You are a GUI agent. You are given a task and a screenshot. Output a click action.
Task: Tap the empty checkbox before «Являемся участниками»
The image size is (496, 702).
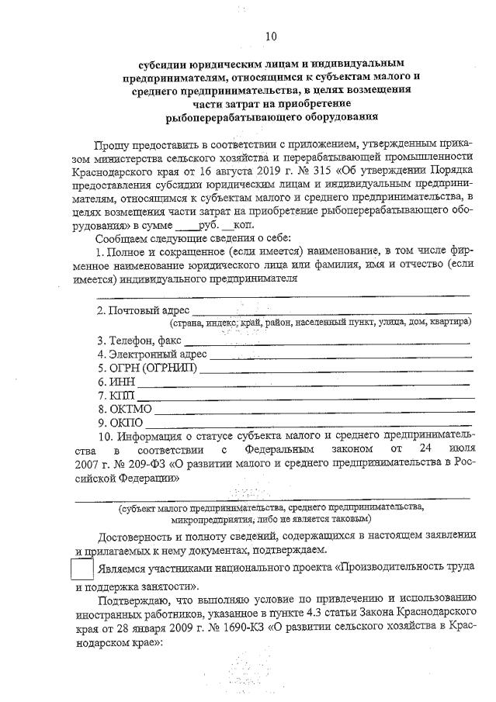coord(82,569)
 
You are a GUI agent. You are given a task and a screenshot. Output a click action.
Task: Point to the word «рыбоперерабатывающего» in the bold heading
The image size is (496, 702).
coord(226,118)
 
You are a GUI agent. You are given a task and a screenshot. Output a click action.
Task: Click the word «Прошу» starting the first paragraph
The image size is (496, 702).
coord(113,145)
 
